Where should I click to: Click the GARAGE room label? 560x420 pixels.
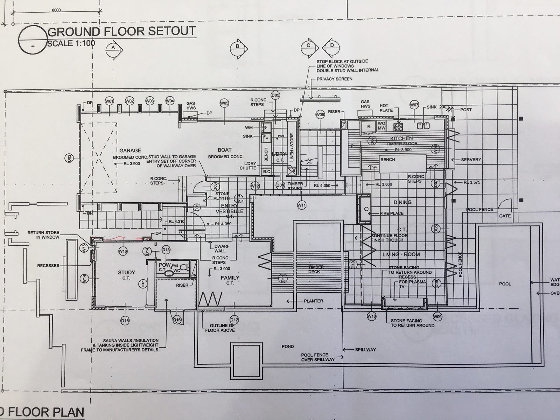click(x=130, y=150)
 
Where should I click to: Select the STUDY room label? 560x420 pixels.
click(x=126, y=272)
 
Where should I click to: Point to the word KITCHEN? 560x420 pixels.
click(x=402, y=138)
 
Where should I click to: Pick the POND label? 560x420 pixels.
click(x=288, y=346)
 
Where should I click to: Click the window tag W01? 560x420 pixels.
click(x=110, y=101)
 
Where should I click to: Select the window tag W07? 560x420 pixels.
click(x=414, y=105)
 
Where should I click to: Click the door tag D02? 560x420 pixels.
click(x=69, y=158)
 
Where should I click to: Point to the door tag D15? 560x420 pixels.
click(x=125, y=320)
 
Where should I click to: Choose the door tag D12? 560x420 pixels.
click(x=234, y=319)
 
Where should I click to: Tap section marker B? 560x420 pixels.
click(x=238, y=47)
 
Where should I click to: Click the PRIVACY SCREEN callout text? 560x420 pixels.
click(x=334, y=79)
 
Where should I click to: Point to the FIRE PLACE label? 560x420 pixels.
click(x=392, y=213)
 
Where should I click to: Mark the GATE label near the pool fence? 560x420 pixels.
click(x=505, y=216)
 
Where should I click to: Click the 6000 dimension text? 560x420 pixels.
click(x=56, y=10)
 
